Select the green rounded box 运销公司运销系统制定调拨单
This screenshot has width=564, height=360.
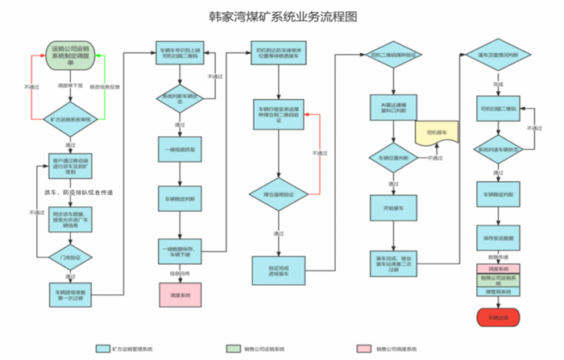(x=70, y=57)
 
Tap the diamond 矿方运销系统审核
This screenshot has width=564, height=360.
(x=70, y=119)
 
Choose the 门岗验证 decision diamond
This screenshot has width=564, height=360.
(x=70, y=257)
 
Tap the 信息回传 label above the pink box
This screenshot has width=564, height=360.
(x=179, y=273)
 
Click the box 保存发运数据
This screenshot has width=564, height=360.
(x=493, y=239)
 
